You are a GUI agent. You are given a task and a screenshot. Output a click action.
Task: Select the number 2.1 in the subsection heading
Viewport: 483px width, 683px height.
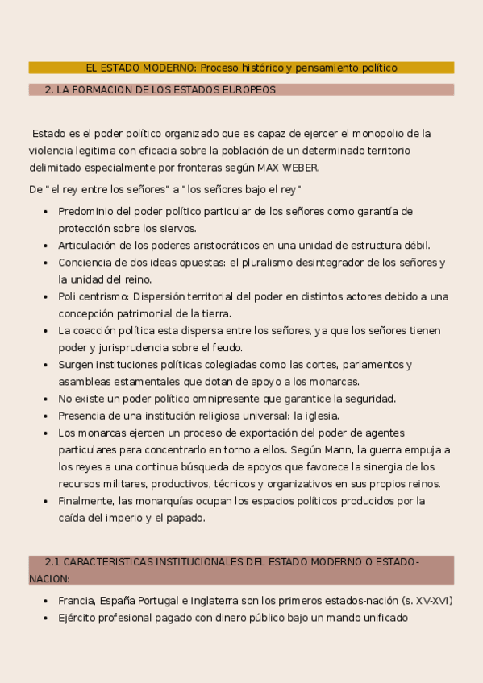[52, 561]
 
